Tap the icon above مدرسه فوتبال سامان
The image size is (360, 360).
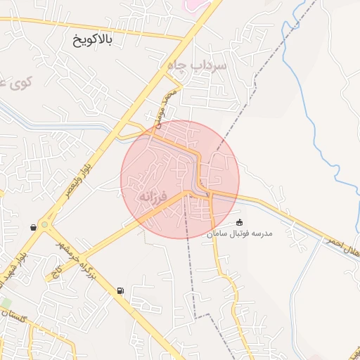click(239, 222)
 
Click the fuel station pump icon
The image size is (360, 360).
click(120, 290)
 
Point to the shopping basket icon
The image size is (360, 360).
click(34, 227)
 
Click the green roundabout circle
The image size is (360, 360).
click(46, 225)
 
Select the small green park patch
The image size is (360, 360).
click(6, 302)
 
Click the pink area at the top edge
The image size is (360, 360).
click(191, 4)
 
